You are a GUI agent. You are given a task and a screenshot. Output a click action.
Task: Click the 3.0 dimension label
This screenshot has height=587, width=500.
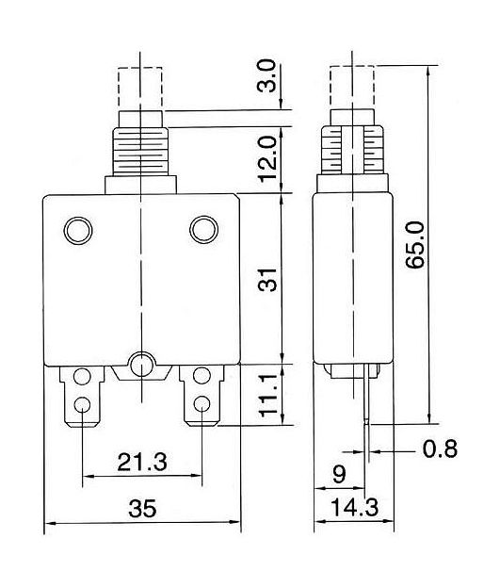pyautogui.click(x=266, y=76)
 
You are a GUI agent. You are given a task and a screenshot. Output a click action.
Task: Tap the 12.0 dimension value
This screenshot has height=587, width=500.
pyautogui.click(x=268, y=159)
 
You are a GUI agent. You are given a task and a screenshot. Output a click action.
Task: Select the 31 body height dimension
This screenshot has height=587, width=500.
pyautogui.click(x=268, y=280)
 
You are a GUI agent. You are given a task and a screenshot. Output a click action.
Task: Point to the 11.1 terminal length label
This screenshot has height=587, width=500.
pyautogui.click(x=268, y=396)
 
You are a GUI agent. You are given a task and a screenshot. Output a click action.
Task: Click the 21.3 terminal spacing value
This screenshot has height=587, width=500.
pyautogui.click(x=142, y=462)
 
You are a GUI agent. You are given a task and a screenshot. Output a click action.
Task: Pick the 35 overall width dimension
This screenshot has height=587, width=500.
pyautogui.click(x=142, y=509)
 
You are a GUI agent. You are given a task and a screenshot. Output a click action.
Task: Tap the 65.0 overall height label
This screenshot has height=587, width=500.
pyautogui.click(x=415, y=245)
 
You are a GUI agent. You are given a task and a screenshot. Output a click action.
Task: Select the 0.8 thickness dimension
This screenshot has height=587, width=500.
pyautogui.click(x=440, y=448)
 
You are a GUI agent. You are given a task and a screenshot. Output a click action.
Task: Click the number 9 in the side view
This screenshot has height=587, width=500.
pyautogui.click(x=339, y=474)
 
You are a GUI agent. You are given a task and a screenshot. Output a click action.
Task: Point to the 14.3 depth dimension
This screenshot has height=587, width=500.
pyautogui.click(x=355, y=507)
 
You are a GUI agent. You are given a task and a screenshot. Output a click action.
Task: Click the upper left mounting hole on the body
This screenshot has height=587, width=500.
pyautogui.click(x=78, y=231)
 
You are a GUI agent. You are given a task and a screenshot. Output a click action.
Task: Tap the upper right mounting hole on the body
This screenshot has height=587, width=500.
pyautogui.click(x=204, y=230)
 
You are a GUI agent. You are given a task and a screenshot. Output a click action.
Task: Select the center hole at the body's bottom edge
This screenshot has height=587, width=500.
pyautogui.click(x=141, y=365)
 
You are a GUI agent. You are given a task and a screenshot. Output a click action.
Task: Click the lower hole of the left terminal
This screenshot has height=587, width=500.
pyautogui.click(x=82, y=404)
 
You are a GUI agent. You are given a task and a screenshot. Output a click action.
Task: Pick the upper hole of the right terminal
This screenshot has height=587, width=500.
pyautogui.click(x=202, y=376)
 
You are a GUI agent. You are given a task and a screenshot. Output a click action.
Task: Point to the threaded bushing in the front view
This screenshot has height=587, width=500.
pyautogui.click(x=140, y=152)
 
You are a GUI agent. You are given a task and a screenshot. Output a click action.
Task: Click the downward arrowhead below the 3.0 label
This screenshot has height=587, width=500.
pyautogui.click(x=282, y=104)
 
